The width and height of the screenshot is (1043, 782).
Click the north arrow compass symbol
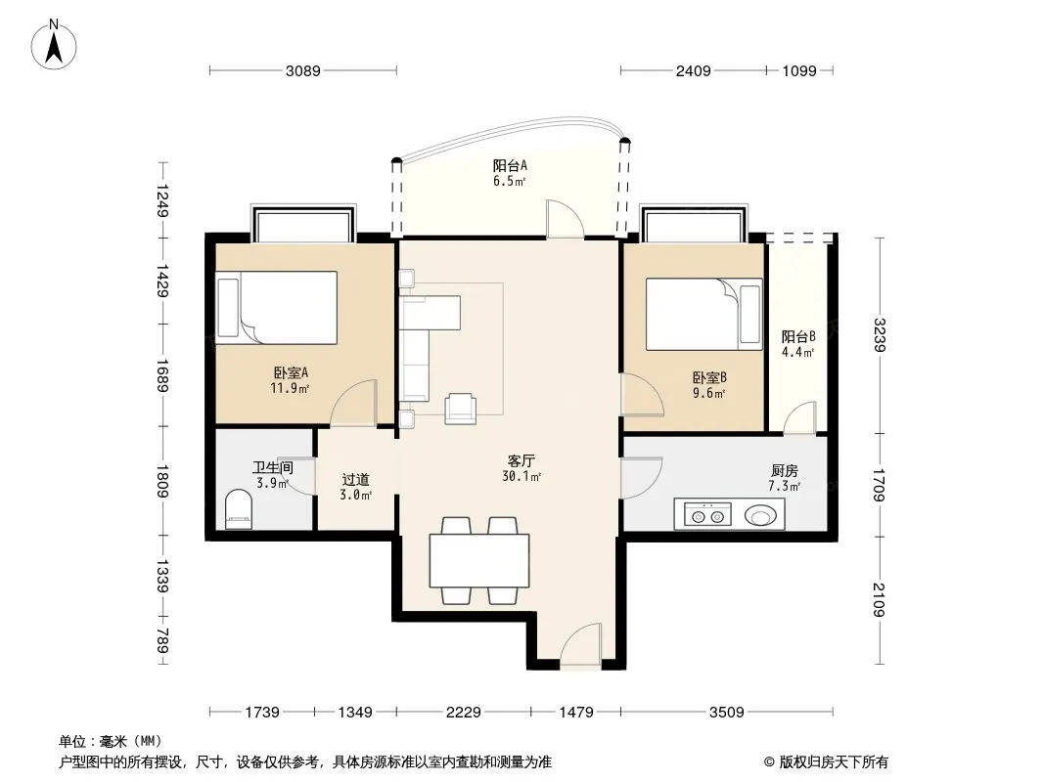(54, 45)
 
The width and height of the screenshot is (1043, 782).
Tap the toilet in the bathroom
(239, 509)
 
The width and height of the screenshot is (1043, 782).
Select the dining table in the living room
(478, 560)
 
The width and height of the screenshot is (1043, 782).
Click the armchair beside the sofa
(460, 408)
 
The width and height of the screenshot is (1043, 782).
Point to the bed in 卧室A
(276, 307)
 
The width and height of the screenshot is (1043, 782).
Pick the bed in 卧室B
(703, 314)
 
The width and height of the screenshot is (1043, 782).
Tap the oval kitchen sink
(760, 515)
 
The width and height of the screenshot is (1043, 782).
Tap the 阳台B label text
(798, 336)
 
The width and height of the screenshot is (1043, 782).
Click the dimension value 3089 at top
(302, 70)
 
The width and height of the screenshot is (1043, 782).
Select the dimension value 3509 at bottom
(726, 713)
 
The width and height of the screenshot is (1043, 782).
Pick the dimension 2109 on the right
(880, 599)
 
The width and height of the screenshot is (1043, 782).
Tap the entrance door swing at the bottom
(581, 646)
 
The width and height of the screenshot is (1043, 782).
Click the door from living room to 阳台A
(566, 218)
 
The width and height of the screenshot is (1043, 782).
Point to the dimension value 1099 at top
(798, 70)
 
